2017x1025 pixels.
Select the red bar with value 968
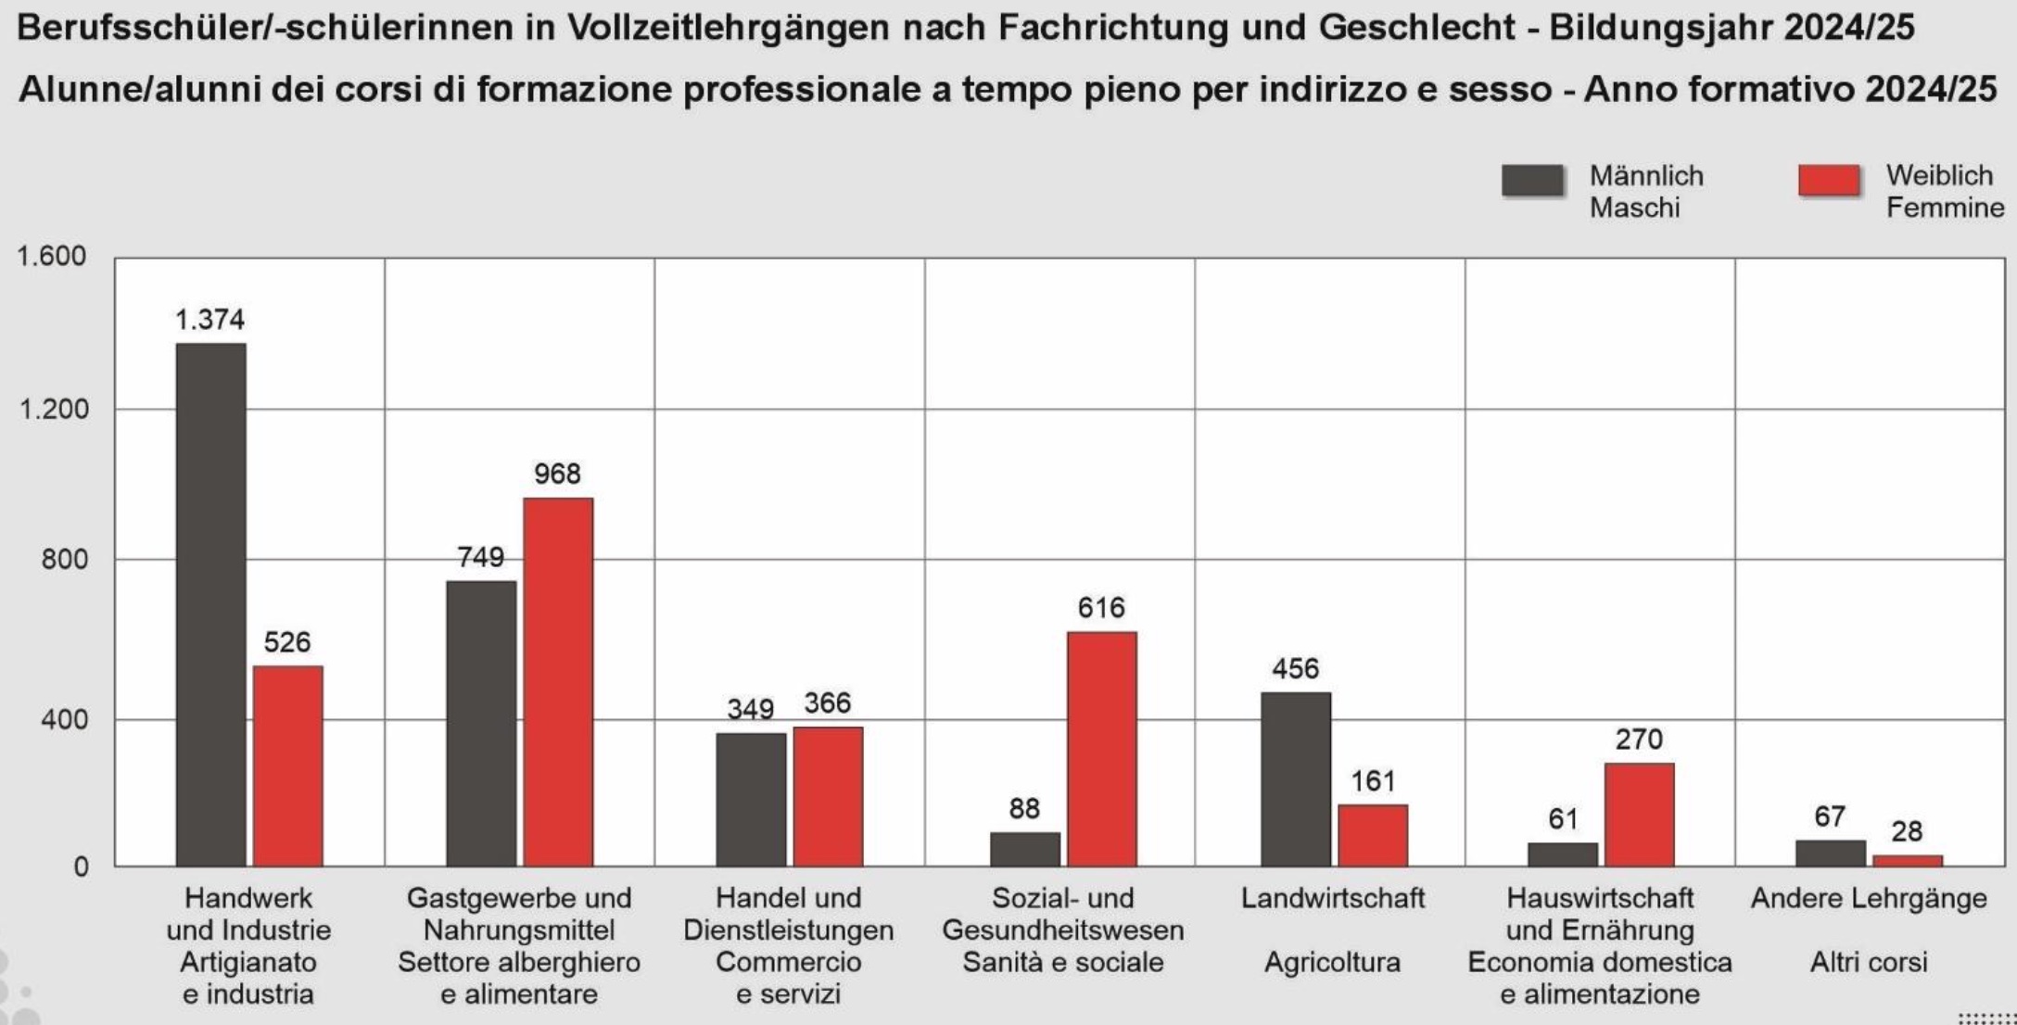(x=558, y=682)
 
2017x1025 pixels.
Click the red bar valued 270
(x=1639, y=815)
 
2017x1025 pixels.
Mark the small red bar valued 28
(x=1907, y=861)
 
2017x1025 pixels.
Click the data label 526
(x=287, y=642)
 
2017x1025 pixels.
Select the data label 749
(x=480, y=557)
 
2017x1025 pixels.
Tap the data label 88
(x=1024, y=808)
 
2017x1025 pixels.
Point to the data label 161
(x=1373, y=781)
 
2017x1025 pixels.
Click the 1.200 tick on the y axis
(x=53, y=409)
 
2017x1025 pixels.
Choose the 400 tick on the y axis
(x=63, y=719)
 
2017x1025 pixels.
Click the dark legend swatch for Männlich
(x=1532, y=181)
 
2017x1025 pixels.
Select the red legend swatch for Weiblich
(x=1829, y=181)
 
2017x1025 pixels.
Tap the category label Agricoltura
(x=1332, y=962)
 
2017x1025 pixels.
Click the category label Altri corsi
(x=1868, y=962)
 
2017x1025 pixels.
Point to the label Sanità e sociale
(x=1062, y=962)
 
